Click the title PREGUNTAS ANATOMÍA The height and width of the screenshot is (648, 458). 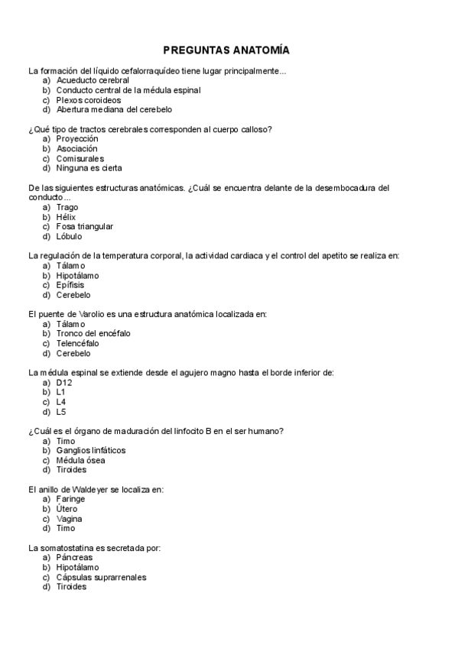(x=226, y=50)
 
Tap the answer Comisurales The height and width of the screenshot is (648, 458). (x=80, y=158)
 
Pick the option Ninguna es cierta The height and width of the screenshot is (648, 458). (x=89, y=168)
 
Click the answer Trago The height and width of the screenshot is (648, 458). (x=67, y=207)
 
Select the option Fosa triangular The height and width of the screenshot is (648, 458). (x=85, y=226)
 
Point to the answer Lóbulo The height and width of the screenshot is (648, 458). (x=70, y=236)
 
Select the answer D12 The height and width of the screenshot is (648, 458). (x=64, y=383)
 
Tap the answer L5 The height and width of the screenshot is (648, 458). (x=61, y=412)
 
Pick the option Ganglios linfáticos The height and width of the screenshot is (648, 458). (x=91, y=451)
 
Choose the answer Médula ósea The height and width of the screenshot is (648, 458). (x=81, y=461)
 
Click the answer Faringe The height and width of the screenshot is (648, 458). (x=70, y=500)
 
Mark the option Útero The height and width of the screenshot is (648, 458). (x=67, y=509)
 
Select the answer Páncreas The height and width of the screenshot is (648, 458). (x=74, y=558)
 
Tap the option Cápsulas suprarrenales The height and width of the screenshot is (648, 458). (x=101, y=578)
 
